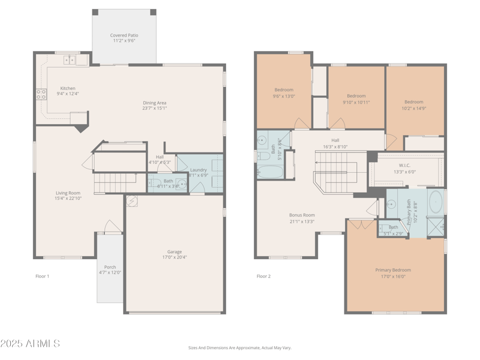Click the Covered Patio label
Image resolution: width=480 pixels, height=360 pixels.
[124, 35]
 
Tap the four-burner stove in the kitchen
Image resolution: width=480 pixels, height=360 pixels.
[41, 94]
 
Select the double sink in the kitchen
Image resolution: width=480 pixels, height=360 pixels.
[70, 59]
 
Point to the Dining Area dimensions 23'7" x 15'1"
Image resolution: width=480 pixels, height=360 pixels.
[154, 109]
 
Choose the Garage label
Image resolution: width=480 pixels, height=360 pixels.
[175, 251]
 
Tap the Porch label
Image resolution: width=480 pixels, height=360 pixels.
[110, 267]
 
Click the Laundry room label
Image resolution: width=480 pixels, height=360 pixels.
[198, 170]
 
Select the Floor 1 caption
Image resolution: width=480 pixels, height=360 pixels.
[42, 276]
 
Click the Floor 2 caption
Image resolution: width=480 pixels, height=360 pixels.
[263, 276]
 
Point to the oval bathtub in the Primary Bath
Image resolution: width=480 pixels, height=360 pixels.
[436, 202]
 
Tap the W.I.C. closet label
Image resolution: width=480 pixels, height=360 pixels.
[404, 165]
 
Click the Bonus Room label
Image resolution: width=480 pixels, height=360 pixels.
[301, 215]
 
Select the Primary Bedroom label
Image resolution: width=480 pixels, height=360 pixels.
[393, 270]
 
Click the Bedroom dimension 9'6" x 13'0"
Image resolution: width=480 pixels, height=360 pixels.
[284, 96]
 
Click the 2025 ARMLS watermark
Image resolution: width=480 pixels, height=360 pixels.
[30, 344]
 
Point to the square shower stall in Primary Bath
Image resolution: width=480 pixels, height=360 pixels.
[437, 226]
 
